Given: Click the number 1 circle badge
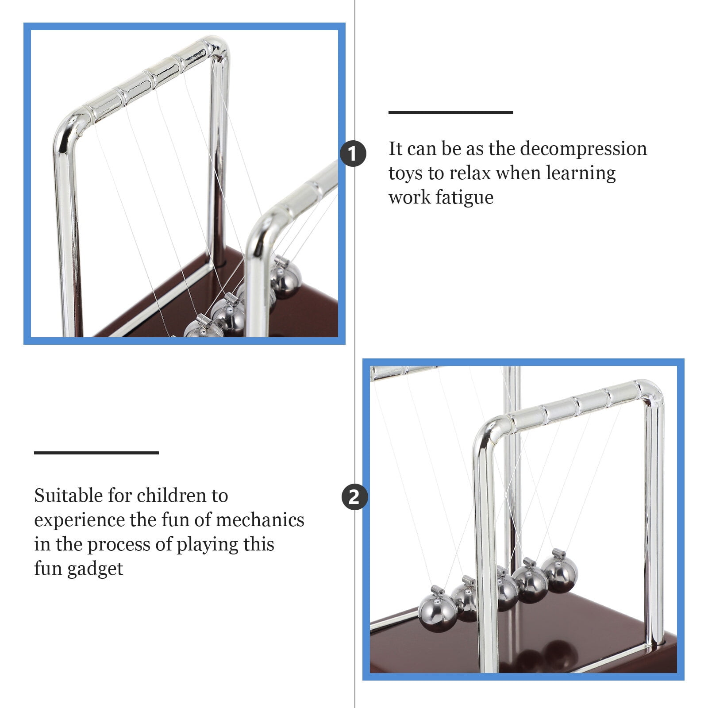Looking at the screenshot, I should click(x=353, y=154).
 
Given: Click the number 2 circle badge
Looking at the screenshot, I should click(x=354, y=497).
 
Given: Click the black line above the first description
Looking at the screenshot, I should click(x=450, y=112).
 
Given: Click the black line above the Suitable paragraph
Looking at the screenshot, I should click(x=96, y=452).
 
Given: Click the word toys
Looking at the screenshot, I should click(x=405, y=173).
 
